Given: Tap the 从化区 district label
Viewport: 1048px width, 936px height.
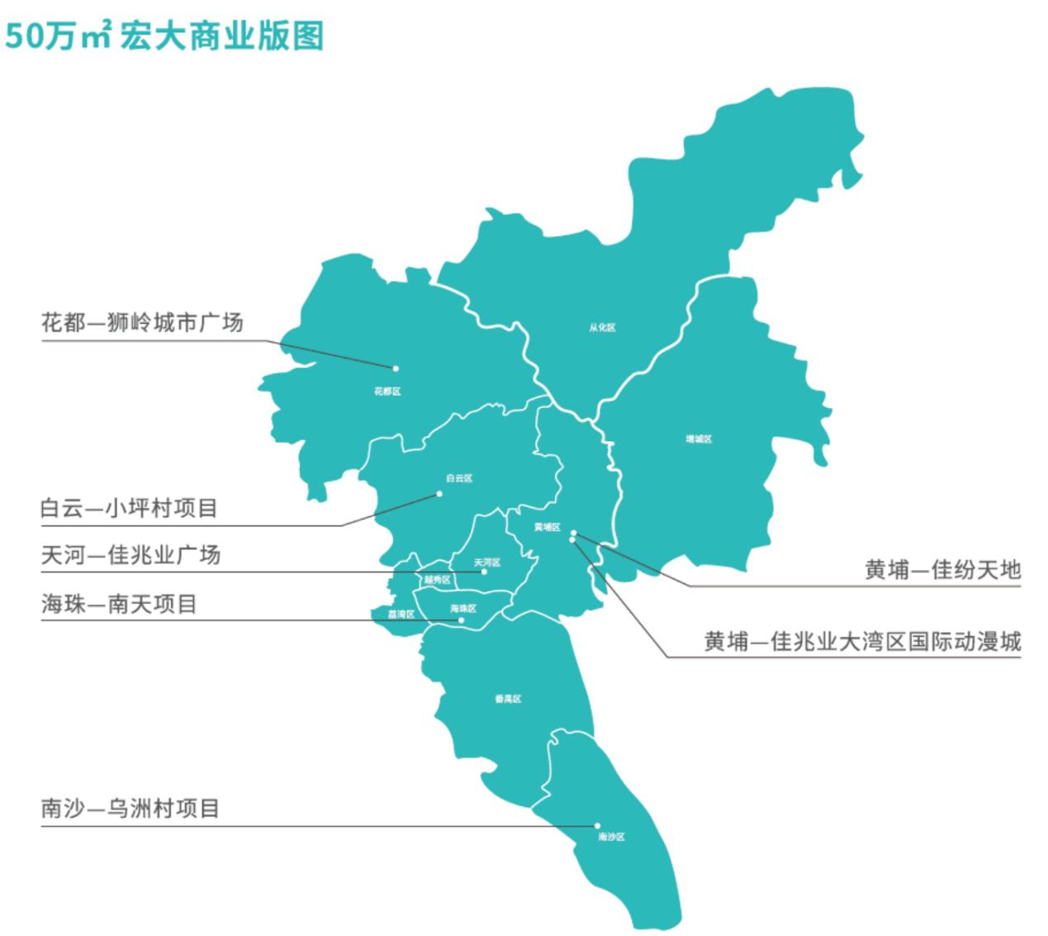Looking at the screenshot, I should point(602,328).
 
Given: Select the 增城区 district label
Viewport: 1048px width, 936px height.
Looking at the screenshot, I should point(699,439).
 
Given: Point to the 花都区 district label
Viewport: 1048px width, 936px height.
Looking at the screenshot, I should point(386,392).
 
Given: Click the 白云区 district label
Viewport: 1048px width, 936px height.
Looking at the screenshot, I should point(458,478).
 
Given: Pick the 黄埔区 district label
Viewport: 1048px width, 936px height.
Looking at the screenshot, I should point(547,527).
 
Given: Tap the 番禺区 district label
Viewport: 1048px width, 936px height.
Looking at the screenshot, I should point(508,699).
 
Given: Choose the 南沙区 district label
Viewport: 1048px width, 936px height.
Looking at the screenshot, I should point(611,838).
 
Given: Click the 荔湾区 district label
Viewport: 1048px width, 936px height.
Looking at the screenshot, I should point(401,615).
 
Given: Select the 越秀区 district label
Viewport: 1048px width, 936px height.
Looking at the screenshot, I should point(437,579).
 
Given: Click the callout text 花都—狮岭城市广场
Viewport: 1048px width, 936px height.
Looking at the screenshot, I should point(142,322).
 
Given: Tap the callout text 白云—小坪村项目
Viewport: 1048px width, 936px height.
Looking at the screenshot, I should point(130,508).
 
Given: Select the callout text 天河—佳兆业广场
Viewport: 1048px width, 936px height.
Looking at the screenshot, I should point(131,554).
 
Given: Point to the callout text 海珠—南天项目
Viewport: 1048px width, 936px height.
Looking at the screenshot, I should point(120,604).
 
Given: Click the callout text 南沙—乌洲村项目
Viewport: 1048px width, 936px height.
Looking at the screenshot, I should point(130,807).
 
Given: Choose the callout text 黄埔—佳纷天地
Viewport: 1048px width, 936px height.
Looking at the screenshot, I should point(942,569).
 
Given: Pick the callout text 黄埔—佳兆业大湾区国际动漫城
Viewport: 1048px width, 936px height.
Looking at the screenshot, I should point(862,641).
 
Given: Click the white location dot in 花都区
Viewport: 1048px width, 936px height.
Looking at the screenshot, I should point(396,368).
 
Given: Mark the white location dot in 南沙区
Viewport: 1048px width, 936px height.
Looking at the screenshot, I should point(596,825).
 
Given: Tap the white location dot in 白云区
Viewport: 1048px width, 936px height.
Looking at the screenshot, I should point(439,494).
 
